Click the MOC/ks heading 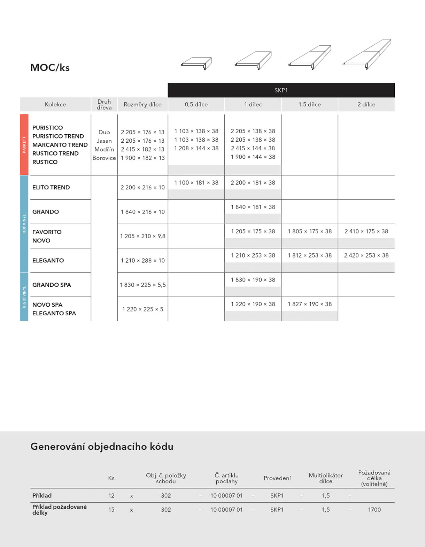(x=50, y=67)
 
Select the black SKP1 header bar (x=281, y=90)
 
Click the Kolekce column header (x=55, y=104)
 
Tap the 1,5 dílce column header (x=309, y=104)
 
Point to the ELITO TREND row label (x=51, y=187)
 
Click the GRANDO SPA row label (x=52, y=285)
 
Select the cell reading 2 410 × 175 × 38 (x=366, y=231)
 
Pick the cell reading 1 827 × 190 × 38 (x=309, y=304)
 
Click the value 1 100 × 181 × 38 (x=196, y=183)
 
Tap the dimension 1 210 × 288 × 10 (x=142, y=261)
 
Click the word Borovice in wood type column (x=104, y=158)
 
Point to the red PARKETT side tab (x=24, y=144)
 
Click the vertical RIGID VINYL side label (x=24, y=297)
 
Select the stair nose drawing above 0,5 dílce (x=196, y=63)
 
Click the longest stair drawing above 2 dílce (x=367, y=55)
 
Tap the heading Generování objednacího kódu (x=102, y=447)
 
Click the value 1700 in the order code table (x=374, y=510)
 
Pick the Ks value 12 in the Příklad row (x=111, y=496)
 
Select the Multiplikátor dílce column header (x=325, y=478)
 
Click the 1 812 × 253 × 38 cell (x=309, y=255)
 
